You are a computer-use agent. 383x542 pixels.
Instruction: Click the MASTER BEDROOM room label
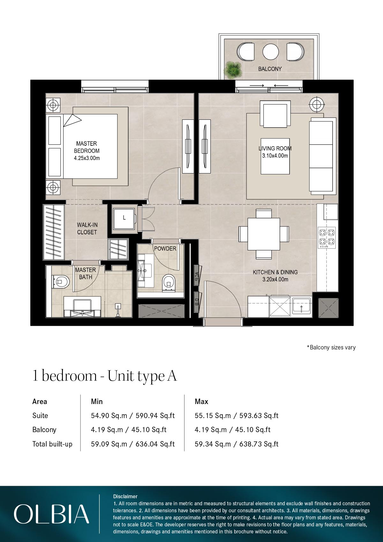point(87,147)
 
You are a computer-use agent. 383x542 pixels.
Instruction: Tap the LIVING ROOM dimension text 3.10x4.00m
point(275,156)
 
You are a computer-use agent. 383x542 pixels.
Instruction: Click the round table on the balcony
point(271,51)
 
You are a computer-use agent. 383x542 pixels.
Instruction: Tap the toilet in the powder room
point(168,282)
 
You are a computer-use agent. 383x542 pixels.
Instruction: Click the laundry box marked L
point(124,218)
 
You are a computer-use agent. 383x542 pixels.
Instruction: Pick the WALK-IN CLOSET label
point(87,229)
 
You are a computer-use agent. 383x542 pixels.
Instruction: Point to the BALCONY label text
point(270,69)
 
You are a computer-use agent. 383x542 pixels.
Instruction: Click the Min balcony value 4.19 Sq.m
point(107,430)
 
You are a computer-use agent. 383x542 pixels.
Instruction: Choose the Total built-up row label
point(52,444)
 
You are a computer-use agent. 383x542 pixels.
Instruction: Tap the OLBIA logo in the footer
point(51,514)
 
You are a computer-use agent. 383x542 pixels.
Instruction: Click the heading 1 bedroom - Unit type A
point(104,376)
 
